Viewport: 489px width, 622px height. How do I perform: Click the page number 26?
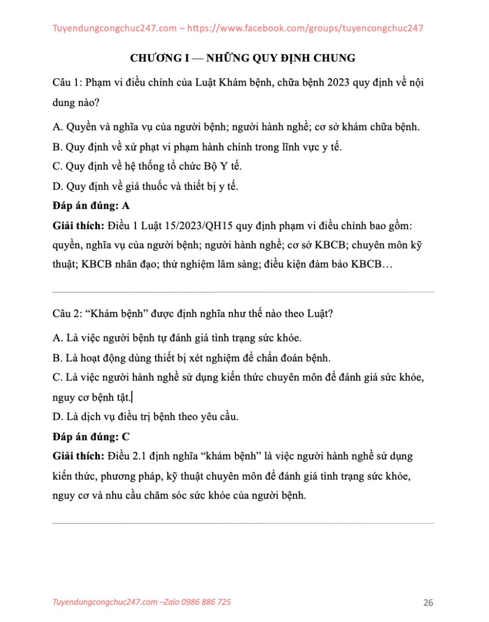[428, 602]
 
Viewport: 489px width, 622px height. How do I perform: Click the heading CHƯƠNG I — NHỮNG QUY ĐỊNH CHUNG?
[243, 58]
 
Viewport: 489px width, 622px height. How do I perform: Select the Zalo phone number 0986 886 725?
[205, 602]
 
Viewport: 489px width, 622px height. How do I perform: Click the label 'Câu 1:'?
[66, 83]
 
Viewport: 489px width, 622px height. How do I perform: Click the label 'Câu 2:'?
[66, 314]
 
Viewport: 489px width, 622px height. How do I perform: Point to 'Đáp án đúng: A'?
[91, 206]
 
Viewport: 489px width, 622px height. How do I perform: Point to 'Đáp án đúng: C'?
[91, 436]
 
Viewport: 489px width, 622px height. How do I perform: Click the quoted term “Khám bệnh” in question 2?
[112, 314]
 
